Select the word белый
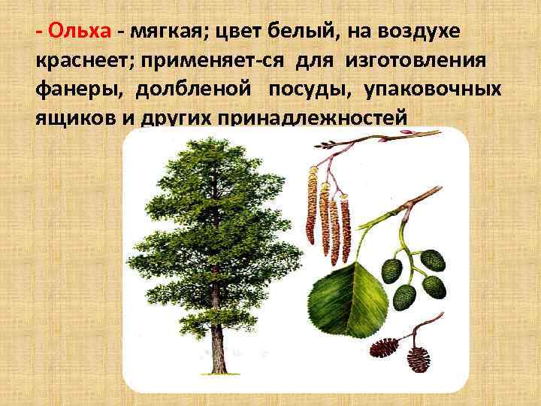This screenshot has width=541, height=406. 297,32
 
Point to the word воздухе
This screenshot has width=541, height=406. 423,32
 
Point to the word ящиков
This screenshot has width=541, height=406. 74,118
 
